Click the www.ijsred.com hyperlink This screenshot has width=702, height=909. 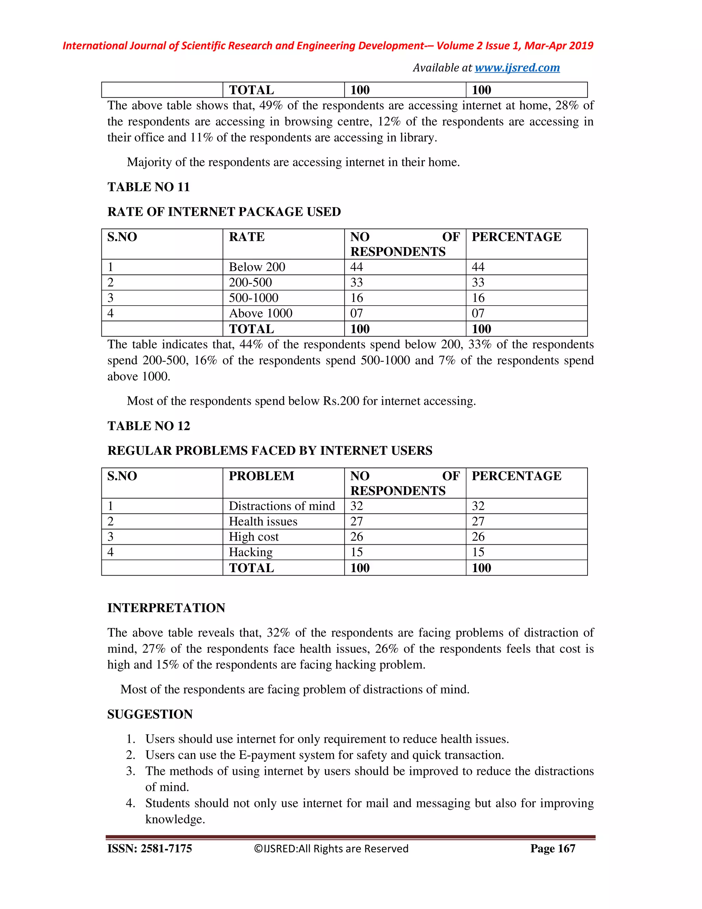coord(517,68)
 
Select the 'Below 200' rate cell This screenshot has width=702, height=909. coord(257,267)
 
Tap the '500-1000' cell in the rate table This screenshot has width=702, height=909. coord(253,298)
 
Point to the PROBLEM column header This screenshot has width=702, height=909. coord(261,476)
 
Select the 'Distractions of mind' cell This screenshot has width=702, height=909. coord(281,506)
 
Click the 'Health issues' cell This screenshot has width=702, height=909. coord(263,521)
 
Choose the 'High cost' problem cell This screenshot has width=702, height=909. coord(253,536)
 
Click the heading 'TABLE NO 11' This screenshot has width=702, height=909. coord(148,187)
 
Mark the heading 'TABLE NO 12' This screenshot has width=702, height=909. coord(148,426)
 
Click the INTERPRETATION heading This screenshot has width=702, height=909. coord(166,608)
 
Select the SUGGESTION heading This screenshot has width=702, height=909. coord(150,714)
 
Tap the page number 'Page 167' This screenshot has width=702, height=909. coord(552,848)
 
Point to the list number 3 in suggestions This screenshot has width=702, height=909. coord(131,771)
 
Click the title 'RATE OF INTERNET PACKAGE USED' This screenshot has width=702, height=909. coord(224,212)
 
